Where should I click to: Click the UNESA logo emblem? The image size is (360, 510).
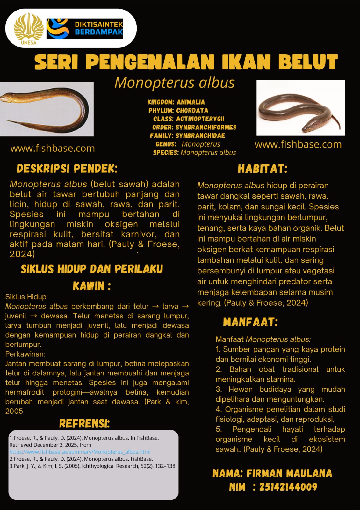click(28, 28)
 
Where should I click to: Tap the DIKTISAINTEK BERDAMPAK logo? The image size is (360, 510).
click(85, 29)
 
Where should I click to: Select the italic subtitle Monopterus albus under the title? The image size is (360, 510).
click(175, 83)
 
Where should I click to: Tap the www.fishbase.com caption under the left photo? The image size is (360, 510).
click(53, 148)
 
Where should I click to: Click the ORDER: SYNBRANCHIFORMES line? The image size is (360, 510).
click(194, 127)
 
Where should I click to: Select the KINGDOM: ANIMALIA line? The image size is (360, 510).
click(176, 102)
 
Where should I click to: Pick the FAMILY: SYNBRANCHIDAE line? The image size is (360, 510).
click(187, 136)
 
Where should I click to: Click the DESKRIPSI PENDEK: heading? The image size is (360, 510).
click(67, 169)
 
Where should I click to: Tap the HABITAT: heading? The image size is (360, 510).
click(263, 169)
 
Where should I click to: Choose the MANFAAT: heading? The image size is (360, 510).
click(250, 322)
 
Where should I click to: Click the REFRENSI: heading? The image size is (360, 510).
click(84, 424)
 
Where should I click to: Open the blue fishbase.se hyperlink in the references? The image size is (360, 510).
click(80, 452)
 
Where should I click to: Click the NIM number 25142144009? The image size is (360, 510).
click(288, 487)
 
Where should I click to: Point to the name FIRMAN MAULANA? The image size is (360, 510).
click(289, 473)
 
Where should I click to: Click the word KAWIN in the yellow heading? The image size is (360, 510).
click(89, 286)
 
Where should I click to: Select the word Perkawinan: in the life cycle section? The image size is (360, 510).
click(25, 354)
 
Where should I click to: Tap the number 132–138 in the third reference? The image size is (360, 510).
click(165, 466)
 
